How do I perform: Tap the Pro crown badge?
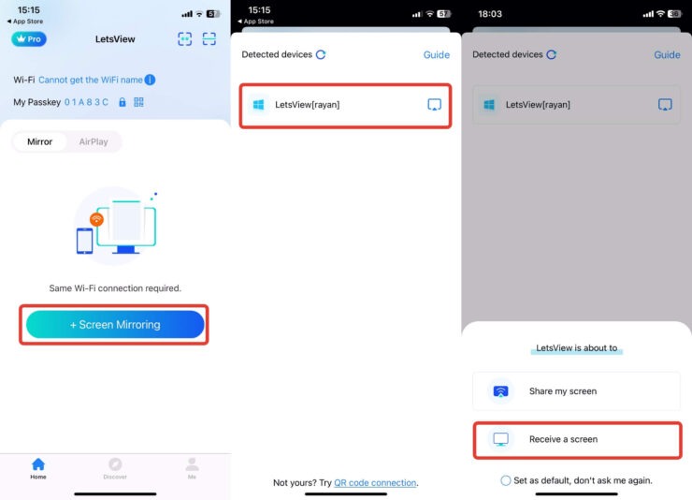click(29, 39)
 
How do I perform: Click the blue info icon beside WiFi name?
click(150, 80)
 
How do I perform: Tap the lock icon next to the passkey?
click(123, 102)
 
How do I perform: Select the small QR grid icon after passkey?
click(138, 102)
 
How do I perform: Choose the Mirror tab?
click(39, 141)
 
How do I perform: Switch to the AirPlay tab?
click(94, 141)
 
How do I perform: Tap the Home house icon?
click(38, 464)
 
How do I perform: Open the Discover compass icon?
click(115, 464)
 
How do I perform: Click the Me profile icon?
click(192, 464)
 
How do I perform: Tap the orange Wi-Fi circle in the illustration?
click(96, 219)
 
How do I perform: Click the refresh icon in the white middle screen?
click(321, 54)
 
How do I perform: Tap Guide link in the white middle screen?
click(437, 54)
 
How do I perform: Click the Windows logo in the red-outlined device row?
click(258, 105)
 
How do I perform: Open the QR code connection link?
click(375, 483)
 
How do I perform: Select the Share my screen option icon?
click(500, 391)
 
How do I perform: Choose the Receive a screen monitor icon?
click(500, 439)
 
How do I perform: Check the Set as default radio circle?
click(506, 480)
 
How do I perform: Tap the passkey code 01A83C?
click(86, 102)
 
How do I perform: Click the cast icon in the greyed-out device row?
click(665, 105)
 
